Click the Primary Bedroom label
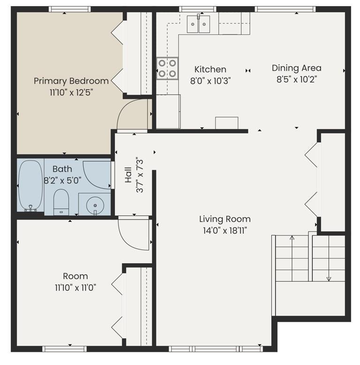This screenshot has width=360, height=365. (71, 81)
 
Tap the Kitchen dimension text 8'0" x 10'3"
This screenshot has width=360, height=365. (210, 81)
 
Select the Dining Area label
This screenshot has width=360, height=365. (297, 68)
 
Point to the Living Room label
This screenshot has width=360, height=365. (225, 219)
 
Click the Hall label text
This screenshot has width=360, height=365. (128, 175)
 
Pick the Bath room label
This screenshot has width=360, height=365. (62, 169)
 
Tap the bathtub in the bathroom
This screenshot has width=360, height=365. (31, 185)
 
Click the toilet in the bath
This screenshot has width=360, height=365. (61, 202)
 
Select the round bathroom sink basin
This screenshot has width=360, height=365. (95, 206)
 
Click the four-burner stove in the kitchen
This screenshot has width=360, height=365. (167, 69)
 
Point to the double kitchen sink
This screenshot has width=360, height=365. (199, 24)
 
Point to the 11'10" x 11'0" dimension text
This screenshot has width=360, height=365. (76, 287)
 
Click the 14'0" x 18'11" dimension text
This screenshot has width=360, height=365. (225, 231)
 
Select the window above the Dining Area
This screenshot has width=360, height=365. (285, 9)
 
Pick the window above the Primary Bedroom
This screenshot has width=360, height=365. (70, 9)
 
